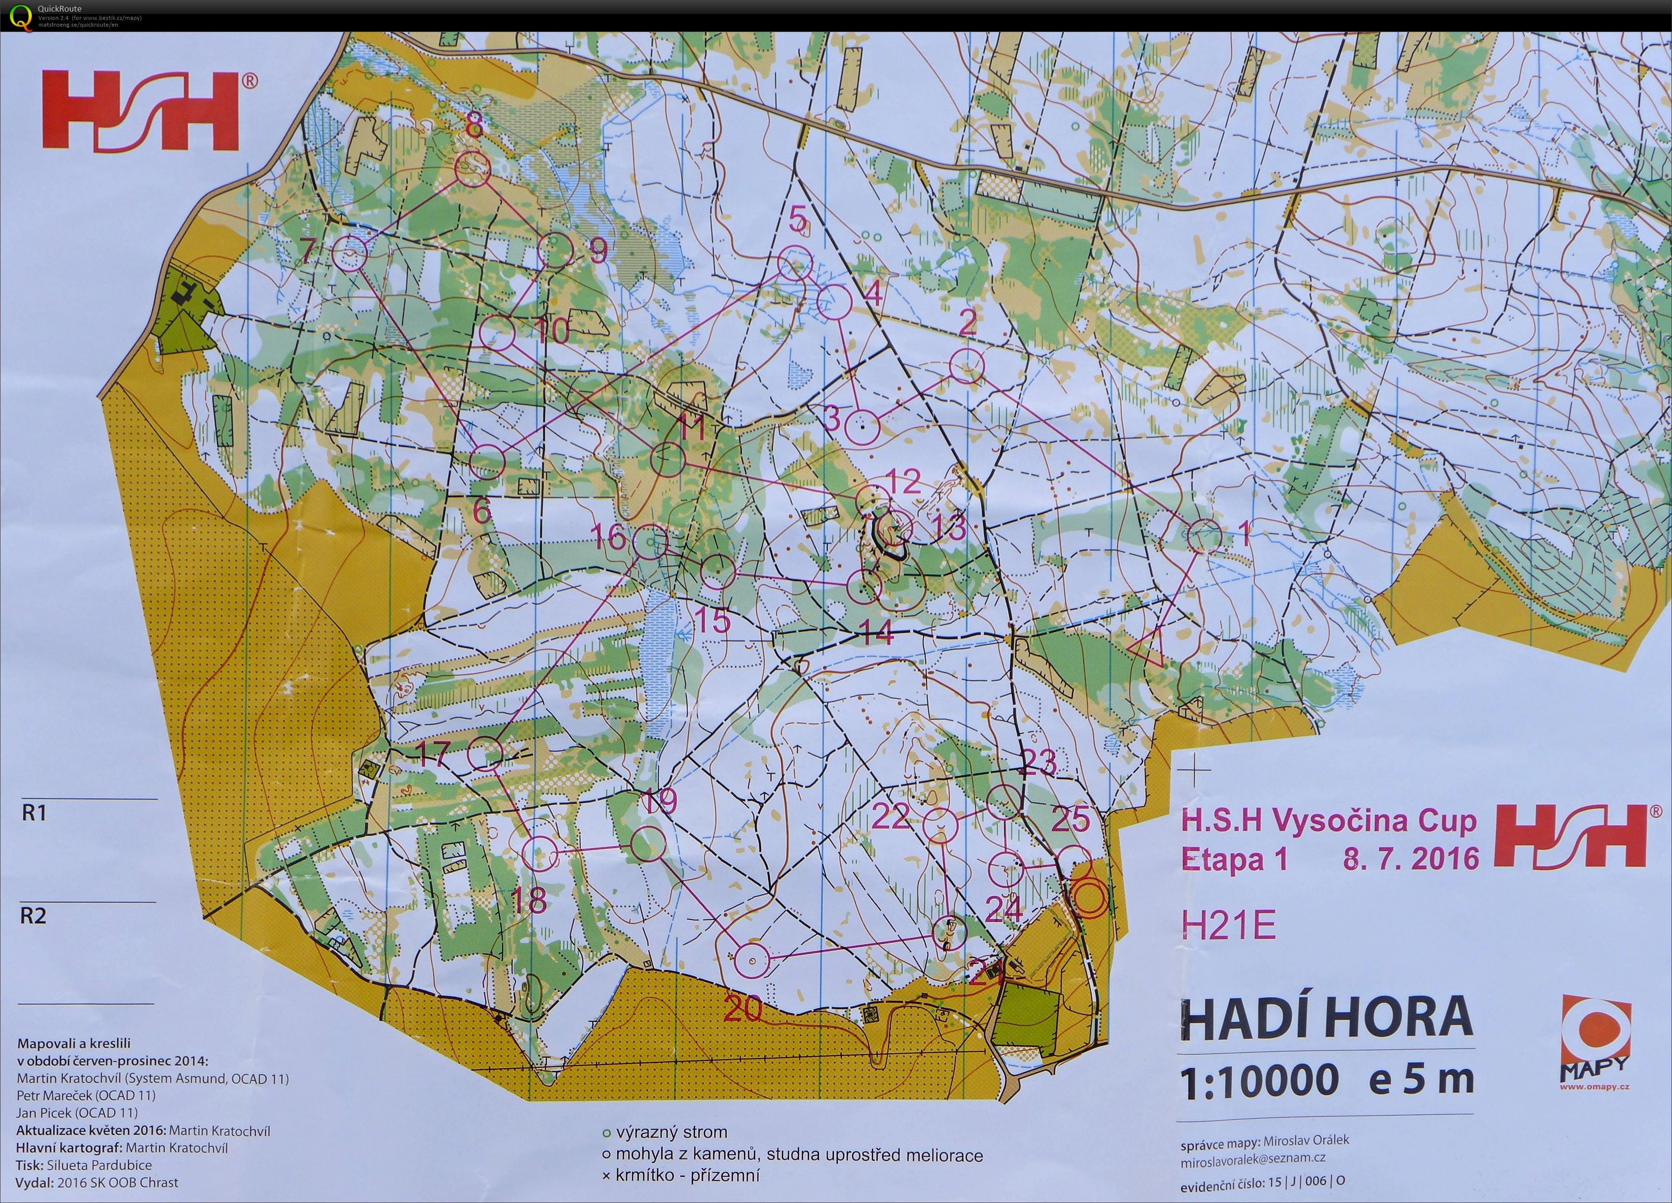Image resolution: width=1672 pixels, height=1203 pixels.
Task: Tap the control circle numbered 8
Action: coord(472,170)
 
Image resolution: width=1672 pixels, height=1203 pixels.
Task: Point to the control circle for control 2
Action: coord(966,366)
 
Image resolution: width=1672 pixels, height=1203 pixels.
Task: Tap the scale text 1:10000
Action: coord(1259,1080)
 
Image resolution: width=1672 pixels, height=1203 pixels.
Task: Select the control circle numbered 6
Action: coord(487,463)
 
